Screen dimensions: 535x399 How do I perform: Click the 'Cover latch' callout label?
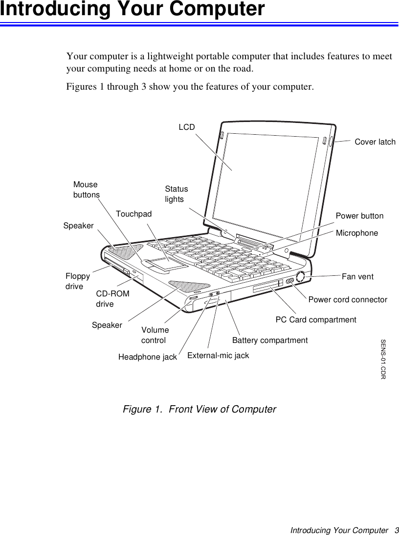pyautogui.click(x=375, y=142)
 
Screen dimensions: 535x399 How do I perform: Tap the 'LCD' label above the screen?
pyautogui.click(x=186, y=127)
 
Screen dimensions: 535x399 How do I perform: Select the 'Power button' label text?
pyautogui.click(x=359, y=216)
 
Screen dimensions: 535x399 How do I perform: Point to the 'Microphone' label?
pyautogui.click(x=357, y=233)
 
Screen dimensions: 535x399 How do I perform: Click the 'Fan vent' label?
pyautogui.click(x=357, y=277)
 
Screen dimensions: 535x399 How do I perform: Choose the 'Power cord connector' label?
pyautogui.click(x=348, y=299)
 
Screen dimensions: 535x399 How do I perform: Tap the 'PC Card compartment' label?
pyautogui.click(x=316, y=320)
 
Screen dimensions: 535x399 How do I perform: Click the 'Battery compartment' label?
pyautogui.click(x=270, y=340)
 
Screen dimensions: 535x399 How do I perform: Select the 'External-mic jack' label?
pyautogui.click(x=218, y=355)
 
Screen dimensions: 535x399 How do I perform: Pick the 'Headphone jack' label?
pyautogui.click(x=148, y=357)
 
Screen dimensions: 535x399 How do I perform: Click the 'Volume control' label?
pyautogui.click(x=155, y=335)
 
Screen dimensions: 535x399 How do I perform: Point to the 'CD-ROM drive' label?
pyautogui.click(x=113, y=299)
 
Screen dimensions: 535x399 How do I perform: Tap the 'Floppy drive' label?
pyautogui.click(x=77, y=281)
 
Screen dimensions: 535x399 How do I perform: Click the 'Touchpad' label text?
pyautogui.click(x=134, y=214)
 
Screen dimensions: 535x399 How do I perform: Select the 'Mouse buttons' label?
pyautogui.click(x=86, y=190)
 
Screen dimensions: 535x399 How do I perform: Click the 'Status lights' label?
pyautogui.click(x=176, y=194)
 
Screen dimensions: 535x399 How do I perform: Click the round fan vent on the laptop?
pyautogui.click(x=301, y=277)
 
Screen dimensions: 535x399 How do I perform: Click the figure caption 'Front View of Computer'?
pyautogui.click(x=199, y=409)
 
